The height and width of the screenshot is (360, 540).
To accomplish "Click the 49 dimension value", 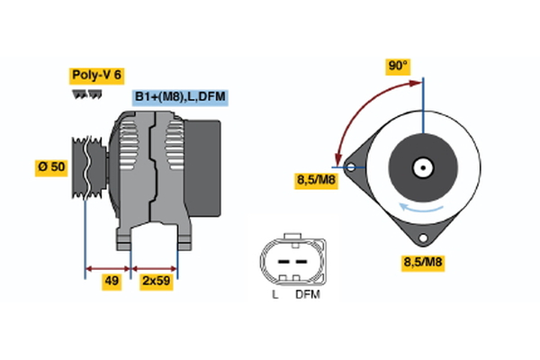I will click(x=112, y=282).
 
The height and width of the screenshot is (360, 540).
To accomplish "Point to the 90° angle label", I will click(x=398, y=66).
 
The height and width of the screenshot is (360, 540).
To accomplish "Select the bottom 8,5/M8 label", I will click(x=422, y=263).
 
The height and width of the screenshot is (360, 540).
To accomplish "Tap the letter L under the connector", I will click(x=275, y=294).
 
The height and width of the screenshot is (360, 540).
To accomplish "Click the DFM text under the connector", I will click(x=308, y=294).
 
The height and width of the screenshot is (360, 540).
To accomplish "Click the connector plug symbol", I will click(x=288, y=261).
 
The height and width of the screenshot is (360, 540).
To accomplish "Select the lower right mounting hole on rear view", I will click(x=422, y=238).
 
